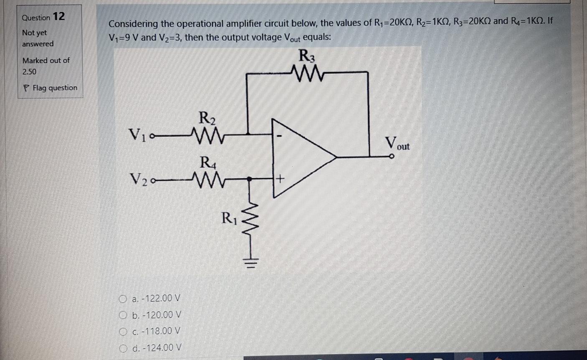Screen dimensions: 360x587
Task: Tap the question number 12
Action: tap(59, 17)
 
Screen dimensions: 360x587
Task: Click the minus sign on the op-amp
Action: tap(281, 136)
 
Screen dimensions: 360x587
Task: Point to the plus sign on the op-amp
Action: tap(280, 179)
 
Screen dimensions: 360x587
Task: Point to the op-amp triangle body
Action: tap(301, 157)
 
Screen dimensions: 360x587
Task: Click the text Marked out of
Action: tap(46, 61)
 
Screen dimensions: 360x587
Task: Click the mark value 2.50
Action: tap(29, 72)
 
